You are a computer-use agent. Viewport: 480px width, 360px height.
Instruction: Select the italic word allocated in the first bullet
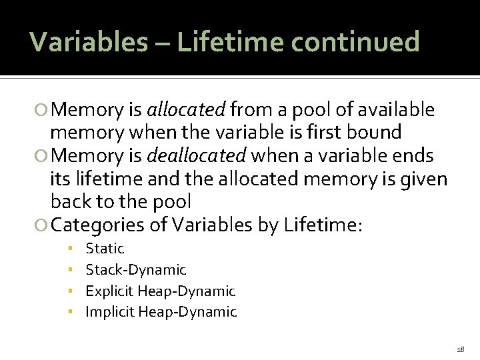tap(187, 109)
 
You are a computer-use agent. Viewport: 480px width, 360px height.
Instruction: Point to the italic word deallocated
tap(196, 156)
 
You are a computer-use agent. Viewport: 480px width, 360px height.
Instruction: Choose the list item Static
tap(105, 249)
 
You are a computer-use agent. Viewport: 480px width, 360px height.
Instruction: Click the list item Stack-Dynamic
tap(136, 270)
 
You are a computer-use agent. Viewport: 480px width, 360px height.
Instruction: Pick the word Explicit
tap(109, 291)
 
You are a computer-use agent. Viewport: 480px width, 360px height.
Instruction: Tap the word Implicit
tap(110, 312)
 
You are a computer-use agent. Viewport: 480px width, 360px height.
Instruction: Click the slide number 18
tap(461, 349)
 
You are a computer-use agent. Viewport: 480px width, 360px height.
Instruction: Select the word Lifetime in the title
tap(213, 42)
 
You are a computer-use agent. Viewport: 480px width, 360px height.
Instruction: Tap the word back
tap(71, 201)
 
